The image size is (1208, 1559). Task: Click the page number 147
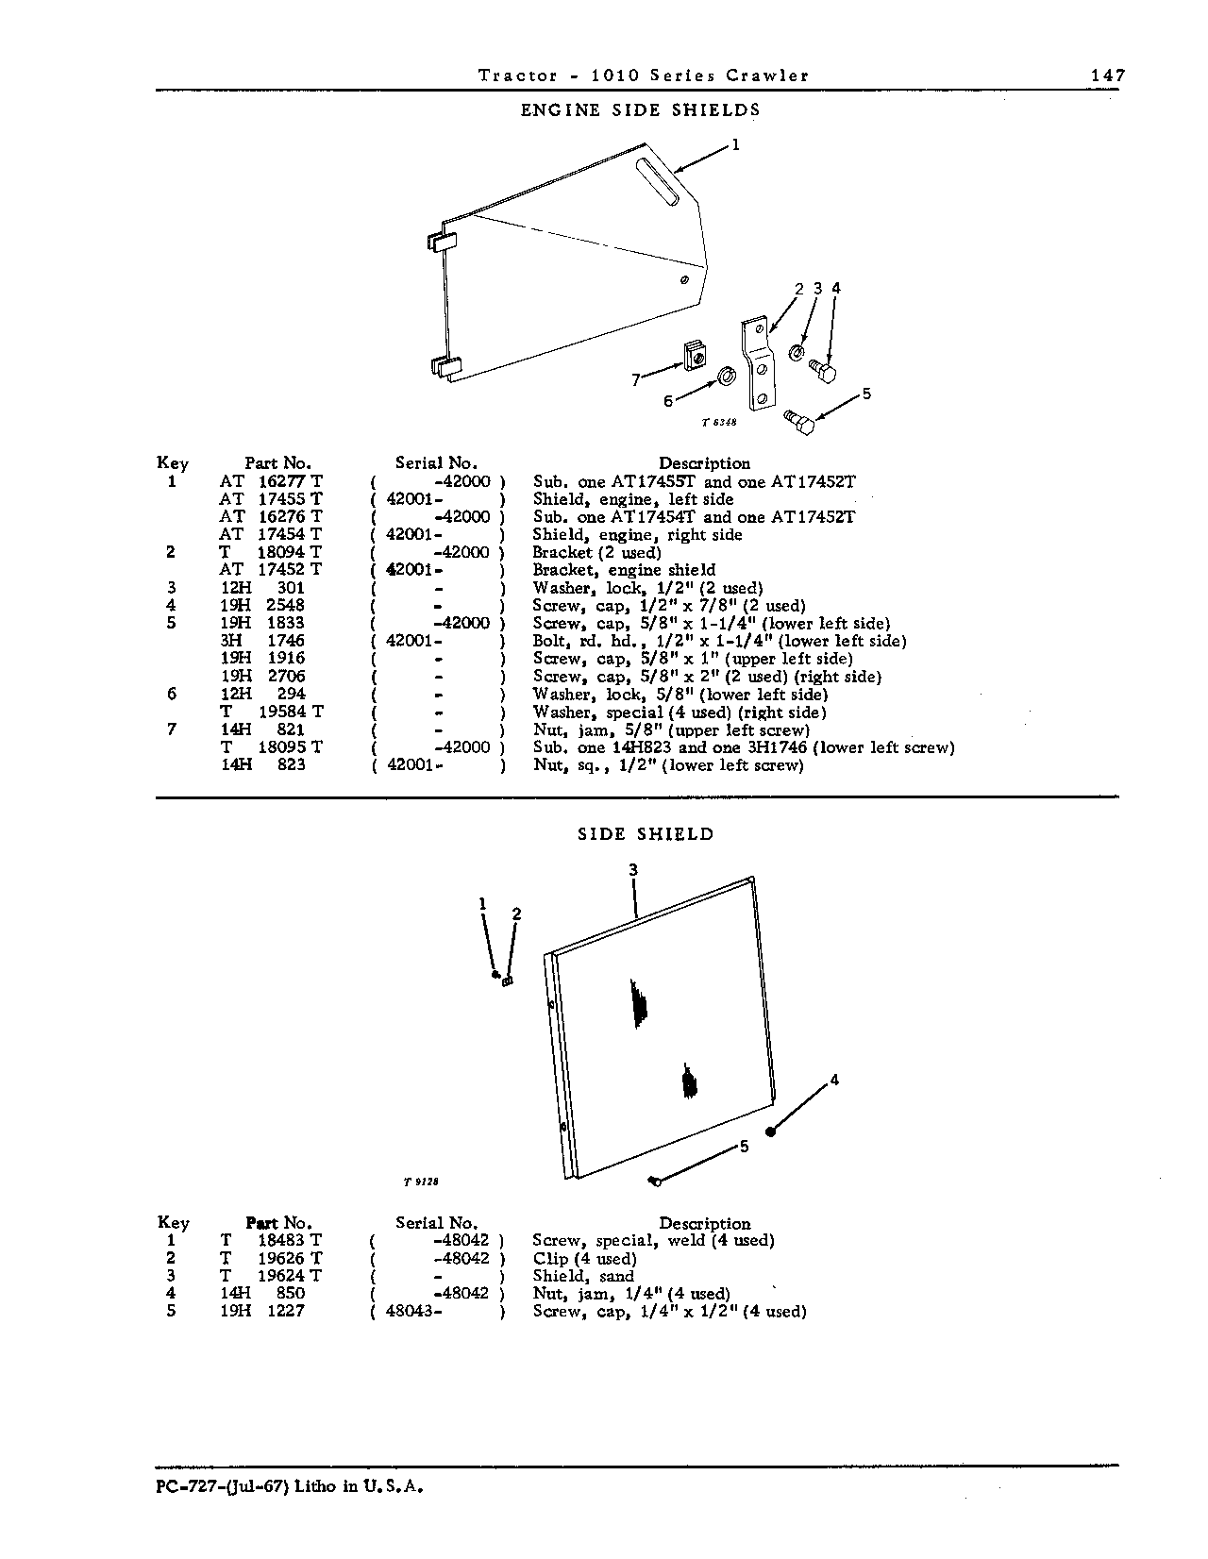(x=1108, y=75)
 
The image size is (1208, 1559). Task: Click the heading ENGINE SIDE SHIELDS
(x=640, y=109)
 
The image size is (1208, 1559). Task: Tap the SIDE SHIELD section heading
(x=646, y=834)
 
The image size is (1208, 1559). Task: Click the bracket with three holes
(x=757, y=362)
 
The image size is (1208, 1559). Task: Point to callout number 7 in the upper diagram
(x=635, y=380)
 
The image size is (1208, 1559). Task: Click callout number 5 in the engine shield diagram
(x=866, y=394)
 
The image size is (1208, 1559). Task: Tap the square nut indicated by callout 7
(x=694, y=356)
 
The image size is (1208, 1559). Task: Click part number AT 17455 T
(x=271, y=499)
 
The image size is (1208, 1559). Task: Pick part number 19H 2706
(x=262, y=676)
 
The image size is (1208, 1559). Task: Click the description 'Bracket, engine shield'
(x=624, y=570)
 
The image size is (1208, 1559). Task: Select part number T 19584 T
(x=272, y=711)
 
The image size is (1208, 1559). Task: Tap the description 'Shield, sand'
(x=583, y=1276)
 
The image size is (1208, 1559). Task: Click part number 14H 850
(x=262, y=1293)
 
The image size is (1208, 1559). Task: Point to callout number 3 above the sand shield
(x=633, y=869)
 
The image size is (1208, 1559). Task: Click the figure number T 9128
(x=421, y=1182)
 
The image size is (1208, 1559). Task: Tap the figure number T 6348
(x=719, y=422)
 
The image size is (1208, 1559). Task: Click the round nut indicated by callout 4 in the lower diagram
(x=771, y=1132)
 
